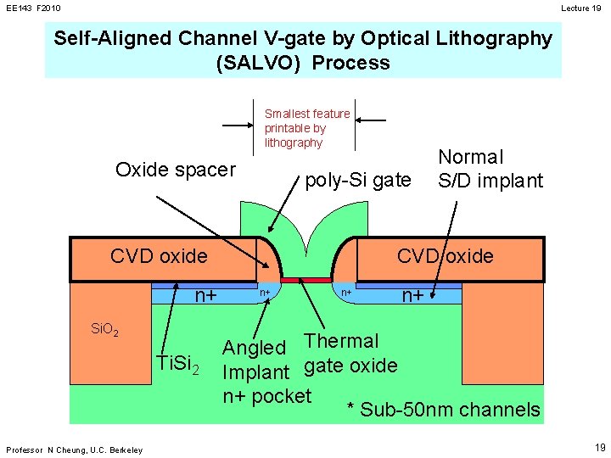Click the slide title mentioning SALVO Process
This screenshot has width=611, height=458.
303,51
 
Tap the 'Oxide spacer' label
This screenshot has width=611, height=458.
175,170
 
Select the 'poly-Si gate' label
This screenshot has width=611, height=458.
357,180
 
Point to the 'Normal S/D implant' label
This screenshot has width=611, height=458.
490,169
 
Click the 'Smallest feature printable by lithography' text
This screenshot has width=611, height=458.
307,128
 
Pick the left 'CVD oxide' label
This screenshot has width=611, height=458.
159,256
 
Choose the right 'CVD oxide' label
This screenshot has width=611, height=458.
446,256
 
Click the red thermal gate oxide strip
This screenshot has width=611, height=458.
305,279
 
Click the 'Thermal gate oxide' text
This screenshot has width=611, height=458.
350,354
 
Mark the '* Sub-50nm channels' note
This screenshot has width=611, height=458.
444,411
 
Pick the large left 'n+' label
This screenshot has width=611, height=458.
206,296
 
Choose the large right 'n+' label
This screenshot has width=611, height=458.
413,296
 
